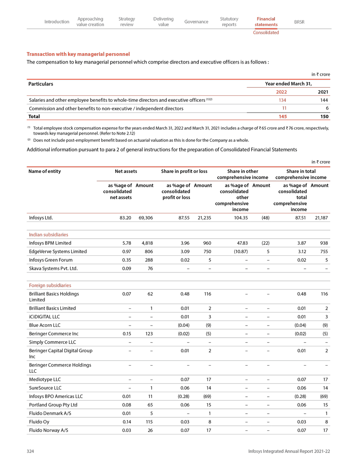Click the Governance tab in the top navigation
click(196, 22)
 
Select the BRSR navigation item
click(299, 22)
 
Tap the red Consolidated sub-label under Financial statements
click(265, 32)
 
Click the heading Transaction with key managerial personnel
click(79, 54)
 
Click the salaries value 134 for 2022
click(282, 100)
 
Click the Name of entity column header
click(45, 171)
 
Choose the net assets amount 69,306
click(144, 217)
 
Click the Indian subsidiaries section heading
click(48, 235)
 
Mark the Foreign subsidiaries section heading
click(49, 285)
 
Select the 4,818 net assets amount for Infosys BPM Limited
click(146, 243)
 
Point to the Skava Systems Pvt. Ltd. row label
click(54, 268)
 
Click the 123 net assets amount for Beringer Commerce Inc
click(148, 334)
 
